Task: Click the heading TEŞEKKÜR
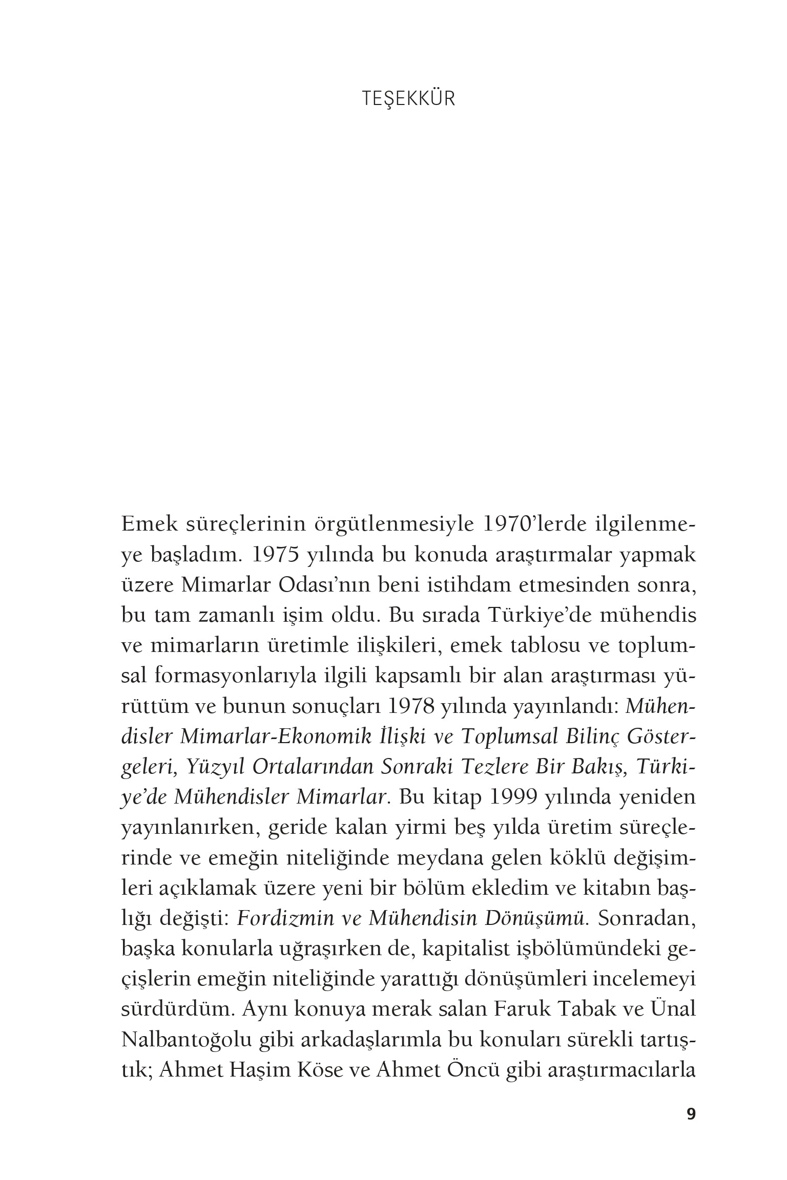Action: tap(408, 99)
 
